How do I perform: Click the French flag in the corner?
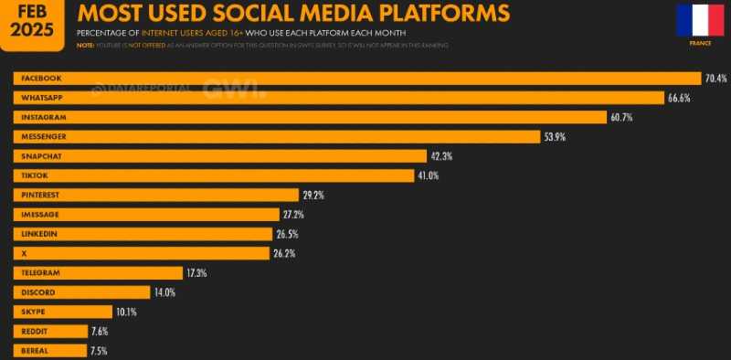[x=700, y=19]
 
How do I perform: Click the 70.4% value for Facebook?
[x=715, y=78]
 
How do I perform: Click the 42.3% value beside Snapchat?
[x=441, y=156]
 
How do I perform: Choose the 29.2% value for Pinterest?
[x=314, y=195]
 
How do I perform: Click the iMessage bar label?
[x=39, y=214]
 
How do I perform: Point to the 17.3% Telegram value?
[x=196, y=272]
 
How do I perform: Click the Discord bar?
[x=82, y=292]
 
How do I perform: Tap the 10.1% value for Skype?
[x=125, y=312]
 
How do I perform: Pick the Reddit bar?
[x=51, y=331]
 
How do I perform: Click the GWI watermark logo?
[x=234, y=89]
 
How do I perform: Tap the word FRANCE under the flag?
[x=700, y=43]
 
